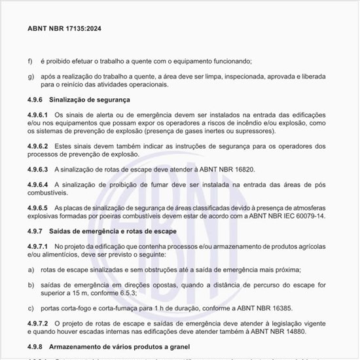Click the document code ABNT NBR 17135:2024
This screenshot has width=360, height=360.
[x=64, y=29]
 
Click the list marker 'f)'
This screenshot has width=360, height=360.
[x=30, y=62]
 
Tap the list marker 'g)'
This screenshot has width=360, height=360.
[x=30, y=77]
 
